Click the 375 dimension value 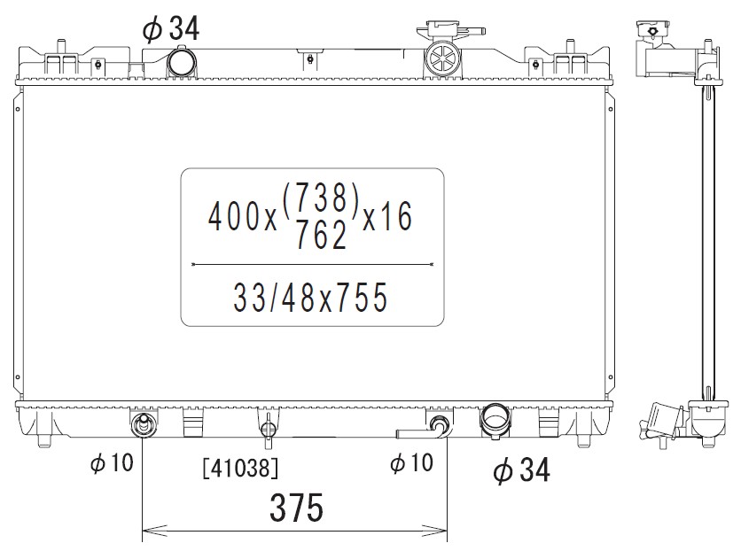click(x=297, y=507)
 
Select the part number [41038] click(x=240, y=469)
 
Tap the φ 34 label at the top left click(x=171, y=28)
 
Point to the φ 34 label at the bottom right click(x=522, y=470)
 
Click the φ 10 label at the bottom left click(x=112, y=462)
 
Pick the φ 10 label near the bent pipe click(x=411, y=462)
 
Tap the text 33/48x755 click(x=310, y=298)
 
